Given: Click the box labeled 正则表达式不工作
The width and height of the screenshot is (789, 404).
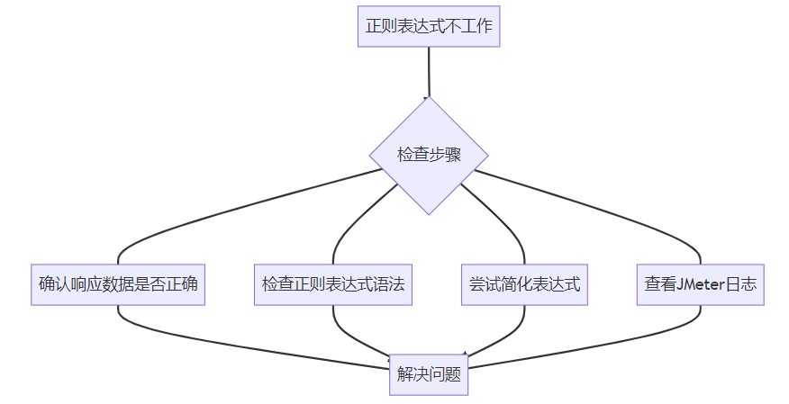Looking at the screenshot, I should pos(429,26).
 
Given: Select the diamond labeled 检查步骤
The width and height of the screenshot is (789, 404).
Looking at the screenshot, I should pos(429,155).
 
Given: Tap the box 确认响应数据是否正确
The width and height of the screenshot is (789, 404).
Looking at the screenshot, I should pos(118,284).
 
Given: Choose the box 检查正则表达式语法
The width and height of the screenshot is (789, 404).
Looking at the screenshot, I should pos(333,284).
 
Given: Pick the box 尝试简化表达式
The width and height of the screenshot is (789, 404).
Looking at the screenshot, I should pos(524,284).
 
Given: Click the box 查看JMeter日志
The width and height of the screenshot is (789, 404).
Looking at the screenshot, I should pos(700,284).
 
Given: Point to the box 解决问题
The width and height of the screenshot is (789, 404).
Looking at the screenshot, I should pos(429,374).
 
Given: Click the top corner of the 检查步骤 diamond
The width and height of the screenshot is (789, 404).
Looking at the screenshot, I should pos(429,98).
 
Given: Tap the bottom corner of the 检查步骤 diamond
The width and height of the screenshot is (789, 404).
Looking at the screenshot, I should pos(429,213).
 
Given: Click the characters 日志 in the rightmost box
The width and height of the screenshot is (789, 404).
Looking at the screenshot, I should pos(742,284).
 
